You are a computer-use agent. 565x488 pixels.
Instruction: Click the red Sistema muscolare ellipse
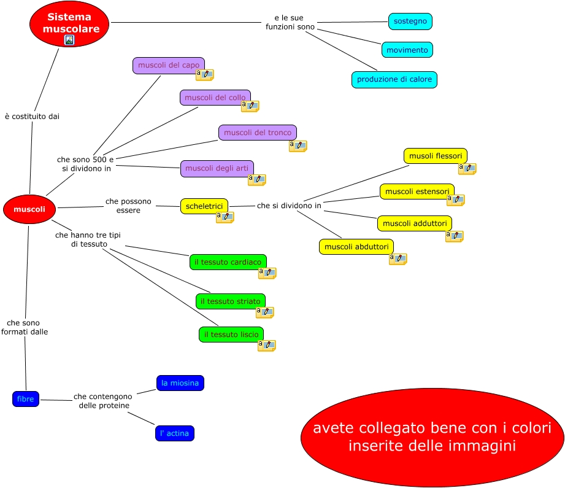click(69, 23)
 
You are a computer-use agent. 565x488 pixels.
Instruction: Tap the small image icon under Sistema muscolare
click(69, 40)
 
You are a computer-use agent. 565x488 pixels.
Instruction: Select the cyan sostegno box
click(410, 21)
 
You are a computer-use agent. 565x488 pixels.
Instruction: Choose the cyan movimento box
click(407, 50)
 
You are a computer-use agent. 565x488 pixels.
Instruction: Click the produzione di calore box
click(394, 79)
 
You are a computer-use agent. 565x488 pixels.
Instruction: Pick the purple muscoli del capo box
click(168, 65)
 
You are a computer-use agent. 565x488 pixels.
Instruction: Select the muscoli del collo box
click(215, 98)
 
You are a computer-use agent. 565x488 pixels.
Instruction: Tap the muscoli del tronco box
click(257, 133)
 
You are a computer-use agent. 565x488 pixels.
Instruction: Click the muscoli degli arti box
click(217, 168)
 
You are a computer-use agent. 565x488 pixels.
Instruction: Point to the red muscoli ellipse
click(29, 209)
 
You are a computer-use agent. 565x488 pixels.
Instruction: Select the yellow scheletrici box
click(204, 206)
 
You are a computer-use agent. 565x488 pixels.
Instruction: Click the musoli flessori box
click(436, 156)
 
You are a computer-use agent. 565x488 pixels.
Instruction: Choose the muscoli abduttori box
click(356, 247)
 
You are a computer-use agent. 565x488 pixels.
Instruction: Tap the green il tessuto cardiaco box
click(228, 262)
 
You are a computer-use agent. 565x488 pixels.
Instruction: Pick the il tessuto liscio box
click(231, 335)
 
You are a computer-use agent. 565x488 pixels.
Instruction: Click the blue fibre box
click(26, 399)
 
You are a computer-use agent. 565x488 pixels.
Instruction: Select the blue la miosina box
click(180, 383)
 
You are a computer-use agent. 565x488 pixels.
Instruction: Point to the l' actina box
click(174, 433)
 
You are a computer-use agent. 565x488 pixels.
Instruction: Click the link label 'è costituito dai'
click(32, 117)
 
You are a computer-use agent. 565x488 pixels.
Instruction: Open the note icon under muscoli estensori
click(455, 200)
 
